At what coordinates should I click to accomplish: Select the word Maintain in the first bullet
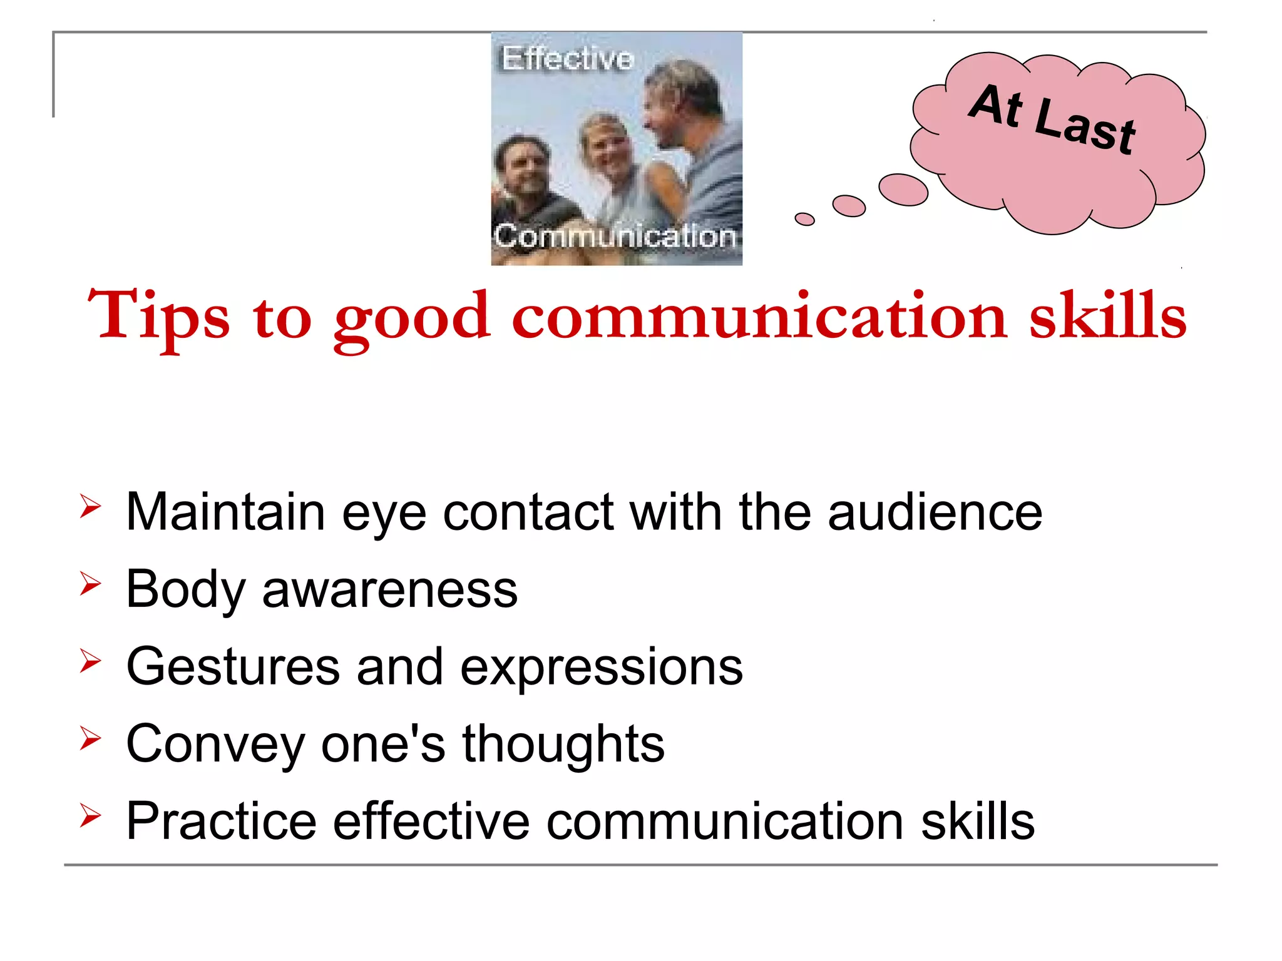[x=225, y=512]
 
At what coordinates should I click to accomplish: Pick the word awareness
[x=389, y=590]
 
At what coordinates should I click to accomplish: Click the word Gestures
[x=232, y=667]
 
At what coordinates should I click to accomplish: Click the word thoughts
[x=563, y=745]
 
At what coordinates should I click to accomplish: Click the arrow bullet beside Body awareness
[x=90, y=583]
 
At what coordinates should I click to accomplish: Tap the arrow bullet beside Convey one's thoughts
[x=90, y=738]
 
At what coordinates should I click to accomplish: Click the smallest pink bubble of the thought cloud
[x=804, y=219]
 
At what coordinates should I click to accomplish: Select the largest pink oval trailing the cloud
[x=903, y=189]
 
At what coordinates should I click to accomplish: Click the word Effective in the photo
[x=567, y=59]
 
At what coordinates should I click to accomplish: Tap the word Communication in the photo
[x=615, y=236]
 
